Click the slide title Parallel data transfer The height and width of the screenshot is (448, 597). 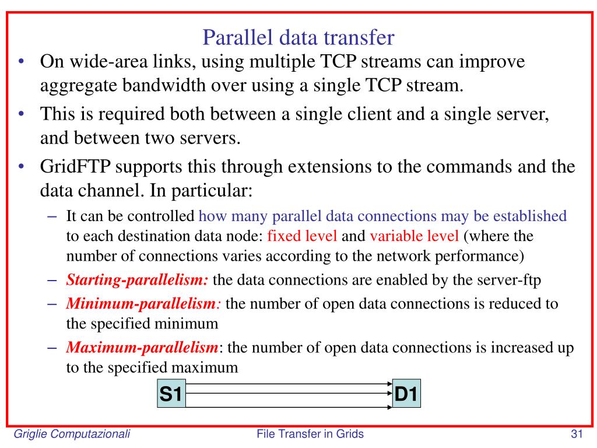tap(298, 38)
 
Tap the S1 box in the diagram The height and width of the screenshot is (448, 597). tap(171, 395)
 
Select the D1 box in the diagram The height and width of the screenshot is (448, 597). tap(406, 395)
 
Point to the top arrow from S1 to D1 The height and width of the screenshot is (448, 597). tap(289, 384)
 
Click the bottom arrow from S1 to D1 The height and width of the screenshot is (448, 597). tap(289, 406)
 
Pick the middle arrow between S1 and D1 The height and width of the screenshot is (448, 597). tap(289, 395)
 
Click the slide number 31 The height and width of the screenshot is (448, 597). tap(577, 433)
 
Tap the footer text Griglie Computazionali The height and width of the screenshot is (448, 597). tap(72, 433)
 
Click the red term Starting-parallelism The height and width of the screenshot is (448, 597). tap(137, 280)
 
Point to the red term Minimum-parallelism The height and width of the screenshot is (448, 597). tap(141, 304)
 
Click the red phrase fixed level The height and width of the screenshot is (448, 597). tap(302, 237)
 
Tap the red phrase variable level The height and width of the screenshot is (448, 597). tap(414, 237)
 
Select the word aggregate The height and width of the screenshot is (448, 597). tap(78, 86)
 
